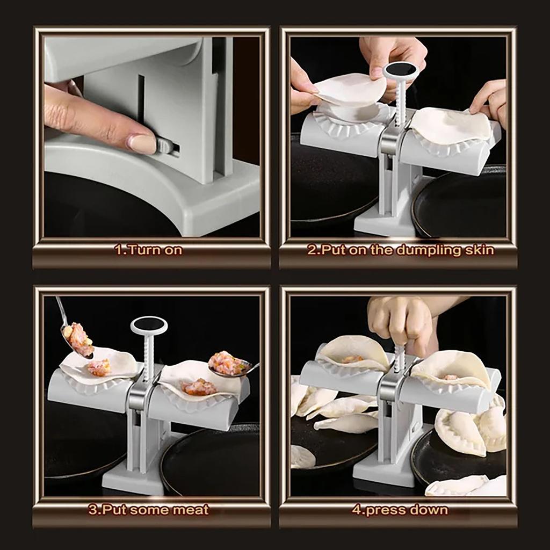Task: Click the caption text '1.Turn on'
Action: (148, 250)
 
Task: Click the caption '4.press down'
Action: (400, 509)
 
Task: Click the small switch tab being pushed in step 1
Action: (165, 146)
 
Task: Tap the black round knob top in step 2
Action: (401, 70)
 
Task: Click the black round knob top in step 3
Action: (149, 325)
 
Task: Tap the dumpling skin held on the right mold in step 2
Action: (451, 127)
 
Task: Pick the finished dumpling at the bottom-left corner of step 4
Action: (302, 457)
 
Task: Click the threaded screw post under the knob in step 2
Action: (400, 99)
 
